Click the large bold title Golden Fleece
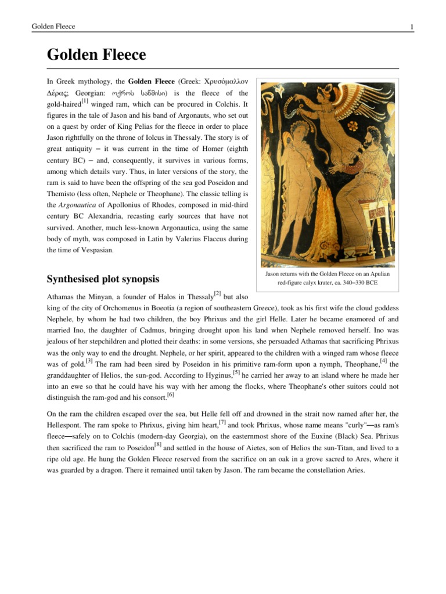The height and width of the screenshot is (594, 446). click(96, 55)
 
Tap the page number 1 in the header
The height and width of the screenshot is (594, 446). click(411, 27)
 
